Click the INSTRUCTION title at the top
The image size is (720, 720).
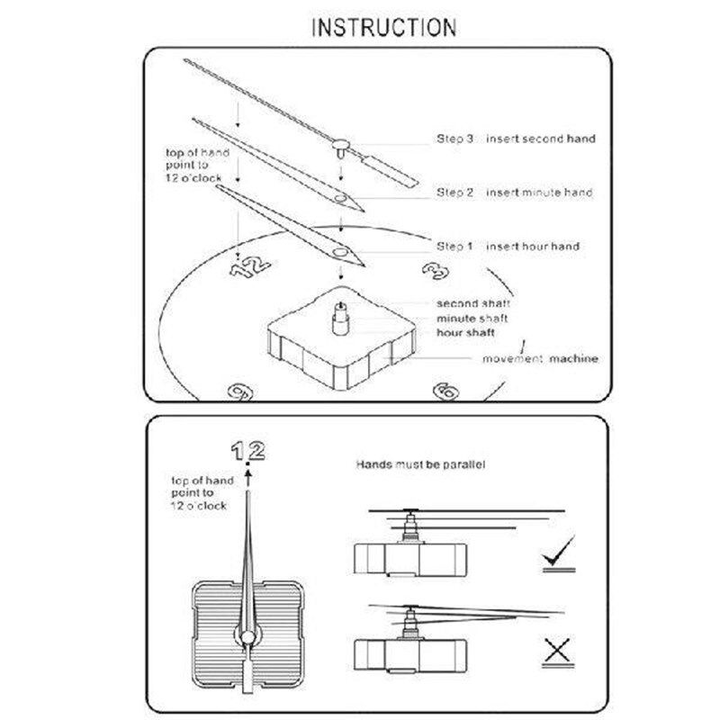[384, 28]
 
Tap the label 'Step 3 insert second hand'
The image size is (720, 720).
[516, 139]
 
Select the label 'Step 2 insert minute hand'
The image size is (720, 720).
[514, 193]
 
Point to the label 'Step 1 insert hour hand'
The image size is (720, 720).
[508, 247]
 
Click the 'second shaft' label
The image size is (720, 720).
[473, 303]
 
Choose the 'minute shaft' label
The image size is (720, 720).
[472, 319]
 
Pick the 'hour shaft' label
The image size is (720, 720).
[465, 332]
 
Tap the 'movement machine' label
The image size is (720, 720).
[540, 358]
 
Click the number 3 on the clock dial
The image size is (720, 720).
[436, 271]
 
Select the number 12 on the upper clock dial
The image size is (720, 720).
[250, 266]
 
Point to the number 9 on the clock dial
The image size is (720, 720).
[240, 392]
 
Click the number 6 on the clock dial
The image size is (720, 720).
[446, 391]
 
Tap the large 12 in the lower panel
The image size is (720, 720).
[248, 451]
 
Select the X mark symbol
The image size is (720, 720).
[558, 650]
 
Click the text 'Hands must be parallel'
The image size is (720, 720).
[420, 464]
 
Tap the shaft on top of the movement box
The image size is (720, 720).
[340, 319]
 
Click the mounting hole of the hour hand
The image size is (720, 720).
[340, 252]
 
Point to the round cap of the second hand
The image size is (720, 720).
[341, 144]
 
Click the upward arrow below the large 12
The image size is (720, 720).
[248, 478]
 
